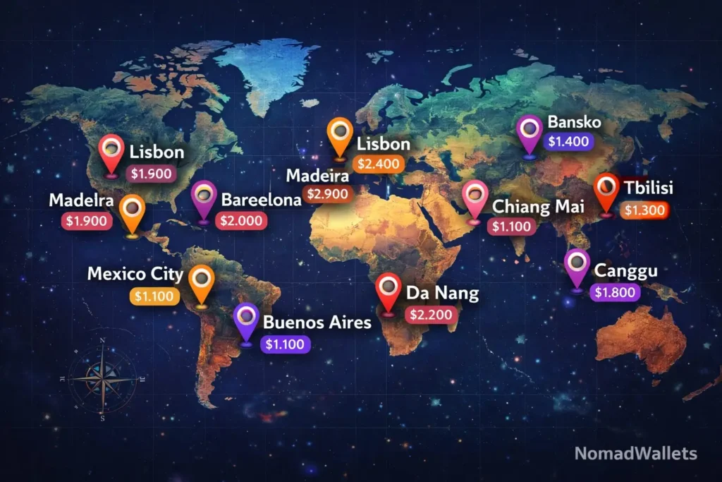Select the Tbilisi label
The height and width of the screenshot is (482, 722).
(648, 188)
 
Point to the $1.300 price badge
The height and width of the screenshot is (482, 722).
(644, 209)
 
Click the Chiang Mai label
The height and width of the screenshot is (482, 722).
(533, 207)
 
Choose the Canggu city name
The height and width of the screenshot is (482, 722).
(626, 271)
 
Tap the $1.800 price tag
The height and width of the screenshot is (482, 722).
(615, 291)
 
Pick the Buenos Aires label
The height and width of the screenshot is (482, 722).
(317, 323)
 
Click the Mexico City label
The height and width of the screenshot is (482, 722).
(135, 275)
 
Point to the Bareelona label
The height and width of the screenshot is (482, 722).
(262, 200)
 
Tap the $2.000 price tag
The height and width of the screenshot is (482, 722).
(241, 221)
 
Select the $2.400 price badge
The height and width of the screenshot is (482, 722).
(379, 164)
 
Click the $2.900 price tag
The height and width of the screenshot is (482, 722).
(328, 193)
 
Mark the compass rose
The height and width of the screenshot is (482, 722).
(103, 378)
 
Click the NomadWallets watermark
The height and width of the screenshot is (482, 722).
(635, 453)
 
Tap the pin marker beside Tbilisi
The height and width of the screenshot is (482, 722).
(606, 193)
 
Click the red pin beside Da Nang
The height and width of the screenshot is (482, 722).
(388, 292)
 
